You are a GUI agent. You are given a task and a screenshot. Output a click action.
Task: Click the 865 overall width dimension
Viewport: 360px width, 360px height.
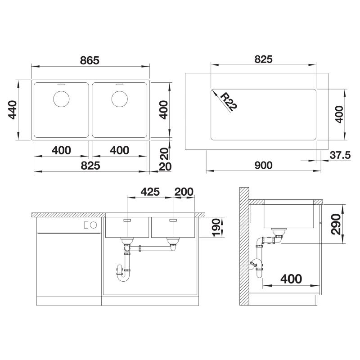click(x=90, y=60)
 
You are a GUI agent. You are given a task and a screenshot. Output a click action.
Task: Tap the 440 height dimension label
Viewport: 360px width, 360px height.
click(x=13, y=110)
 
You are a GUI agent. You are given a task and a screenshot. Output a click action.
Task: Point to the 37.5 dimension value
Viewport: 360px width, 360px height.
click(x=340, y=155)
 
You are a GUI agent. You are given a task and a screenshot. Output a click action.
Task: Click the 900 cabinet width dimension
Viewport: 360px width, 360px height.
click(x=264, y=165)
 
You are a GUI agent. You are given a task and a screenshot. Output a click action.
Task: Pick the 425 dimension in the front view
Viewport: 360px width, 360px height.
click(x=150, y=192)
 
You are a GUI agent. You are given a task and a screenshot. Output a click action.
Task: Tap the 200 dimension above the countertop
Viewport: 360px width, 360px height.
click(x=184, y=192)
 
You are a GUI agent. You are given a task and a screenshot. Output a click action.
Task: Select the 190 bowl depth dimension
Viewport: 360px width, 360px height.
click(x=216, y=228)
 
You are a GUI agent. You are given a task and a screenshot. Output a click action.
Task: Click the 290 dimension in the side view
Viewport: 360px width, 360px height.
click(x=336, y=224)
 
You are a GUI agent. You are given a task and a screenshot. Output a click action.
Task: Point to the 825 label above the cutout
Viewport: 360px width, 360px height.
click(x=264, y=59)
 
